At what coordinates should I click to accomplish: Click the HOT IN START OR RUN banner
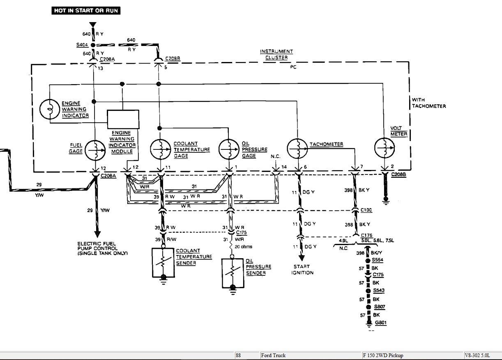[x=86, y=11]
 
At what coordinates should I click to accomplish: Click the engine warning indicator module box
[x=123, y=119]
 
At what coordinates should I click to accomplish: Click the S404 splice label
[x=82, y=45]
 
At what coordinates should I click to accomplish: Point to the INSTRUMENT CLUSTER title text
[x=276, y=55]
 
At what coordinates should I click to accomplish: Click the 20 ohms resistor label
[x=243, y=247]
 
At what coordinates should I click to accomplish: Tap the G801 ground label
[x=381, y=323]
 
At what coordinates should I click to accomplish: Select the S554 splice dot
[x=368, y=261]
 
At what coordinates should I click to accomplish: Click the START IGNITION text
[x=302, y=270]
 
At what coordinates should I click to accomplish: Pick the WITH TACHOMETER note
[x=429, y=103]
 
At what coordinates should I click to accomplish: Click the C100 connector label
[x=366, y=210]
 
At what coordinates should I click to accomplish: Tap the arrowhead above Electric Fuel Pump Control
[x=97, y=234]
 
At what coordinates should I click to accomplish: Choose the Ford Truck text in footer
[x=273, y=355]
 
